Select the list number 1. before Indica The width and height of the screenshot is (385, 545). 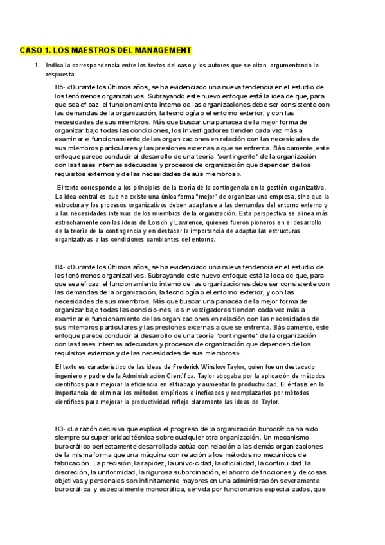click(x=37, y=66)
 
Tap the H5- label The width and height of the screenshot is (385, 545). click(x=60, y=87)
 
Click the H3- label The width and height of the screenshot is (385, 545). click(x=60, y=429)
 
